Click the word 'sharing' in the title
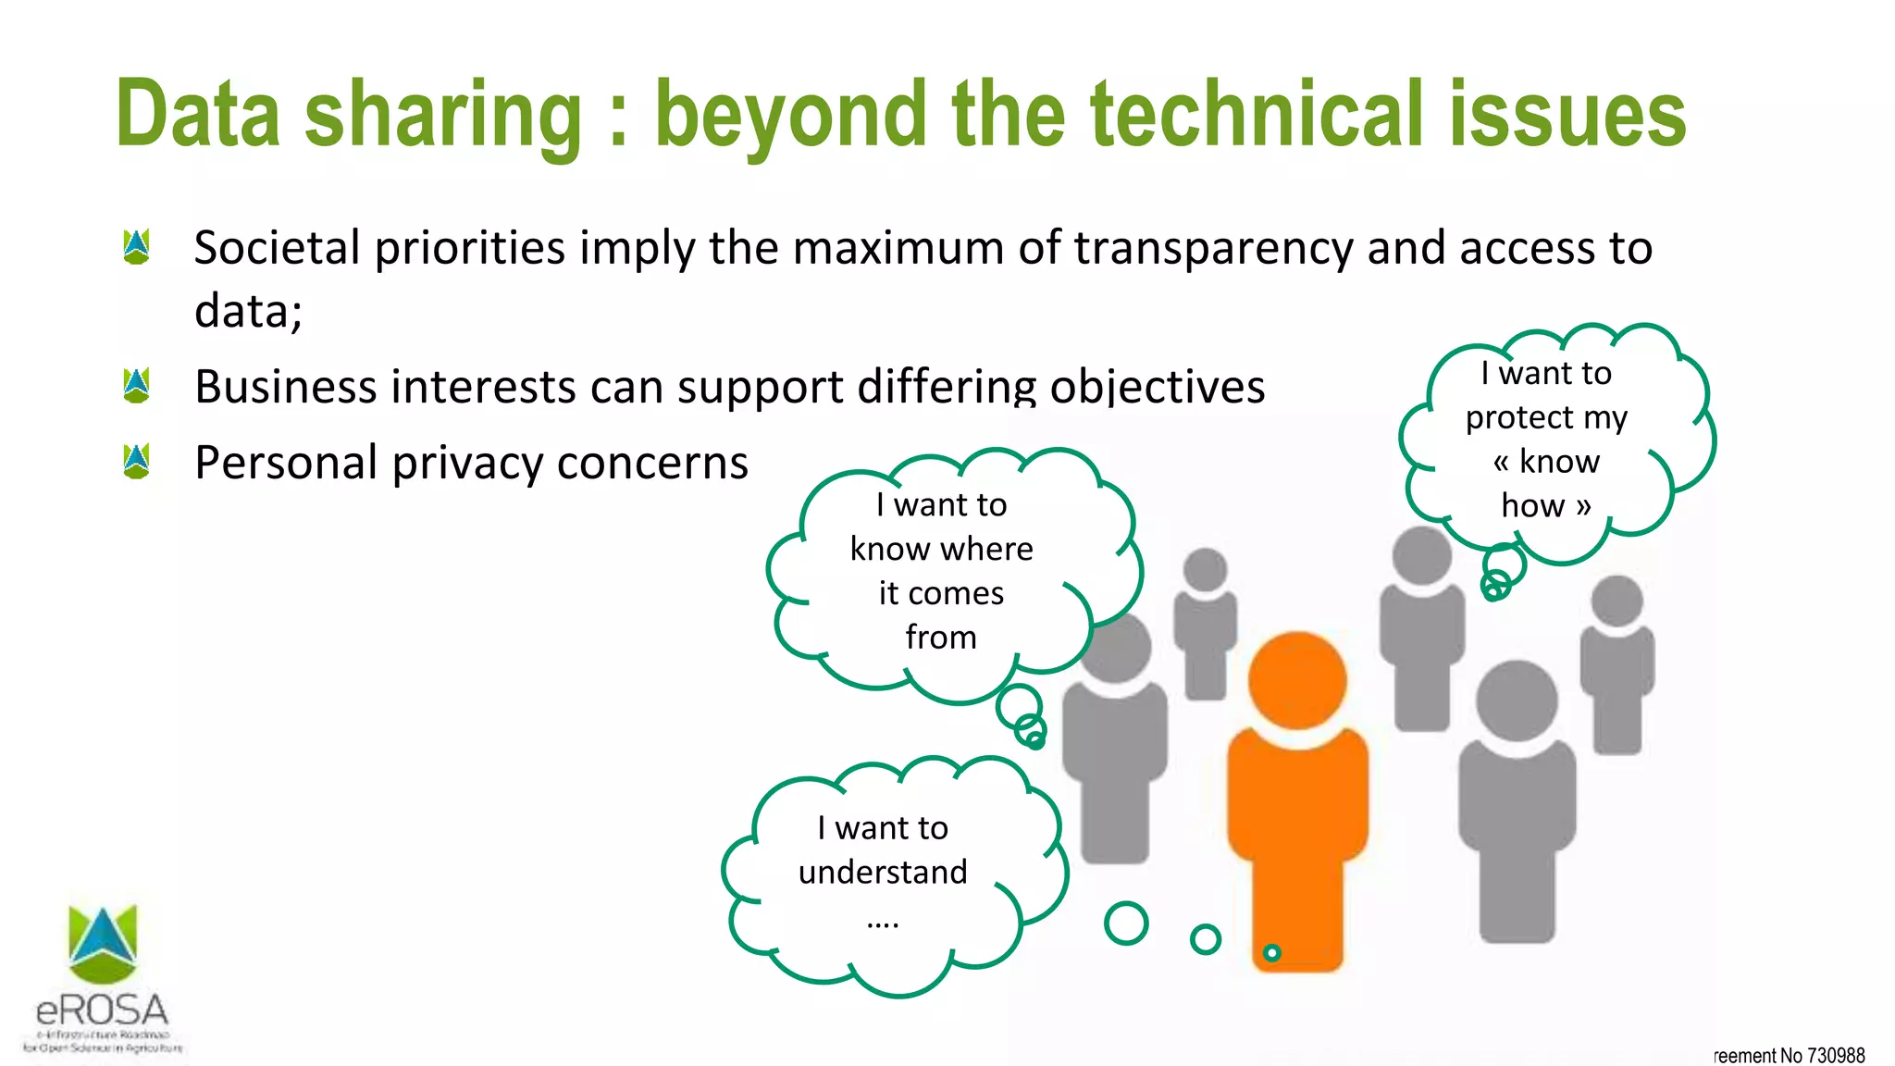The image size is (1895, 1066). point(442,115)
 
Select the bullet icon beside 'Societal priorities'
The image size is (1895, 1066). point(136,247)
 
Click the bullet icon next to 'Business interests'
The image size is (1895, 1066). point(136,386)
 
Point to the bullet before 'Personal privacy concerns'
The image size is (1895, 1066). point(136,462)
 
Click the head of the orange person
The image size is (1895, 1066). point(1296,679)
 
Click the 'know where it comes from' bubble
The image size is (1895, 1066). point(941,571)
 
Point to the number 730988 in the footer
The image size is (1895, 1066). point(1836,1056)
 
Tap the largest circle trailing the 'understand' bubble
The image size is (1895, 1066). point(1126,923)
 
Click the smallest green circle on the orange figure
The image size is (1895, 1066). point(1272,952)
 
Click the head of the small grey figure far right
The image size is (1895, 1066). point(1616,601)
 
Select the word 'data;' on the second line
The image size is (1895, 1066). point(248,311)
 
